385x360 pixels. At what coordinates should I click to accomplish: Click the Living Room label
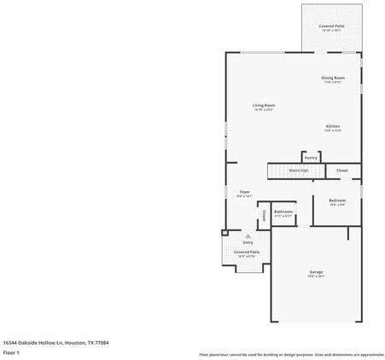click(263, 105)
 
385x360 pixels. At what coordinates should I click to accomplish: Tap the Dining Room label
click(333, 78)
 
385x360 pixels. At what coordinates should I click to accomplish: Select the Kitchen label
click(333, 126)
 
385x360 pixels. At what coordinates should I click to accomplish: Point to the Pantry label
click(311, 157)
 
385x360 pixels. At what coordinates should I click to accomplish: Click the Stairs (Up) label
click(298, 171)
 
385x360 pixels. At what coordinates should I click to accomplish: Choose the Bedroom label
click(337, 200)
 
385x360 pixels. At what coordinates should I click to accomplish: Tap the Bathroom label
click(283, 212)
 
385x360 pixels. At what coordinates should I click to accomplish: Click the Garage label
click(316, 272)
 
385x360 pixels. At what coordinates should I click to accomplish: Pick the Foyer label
click(244, 192)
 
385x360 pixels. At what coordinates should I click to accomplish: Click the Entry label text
click(248, 242)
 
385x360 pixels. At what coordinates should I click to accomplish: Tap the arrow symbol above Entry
click(248, 235)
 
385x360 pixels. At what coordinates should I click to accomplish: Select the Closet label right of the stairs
click(341, 171)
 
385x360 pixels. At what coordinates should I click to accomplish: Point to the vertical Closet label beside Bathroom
click(264, 214)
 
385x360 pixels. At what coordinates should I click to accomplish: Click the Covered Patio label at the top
click(331, 26)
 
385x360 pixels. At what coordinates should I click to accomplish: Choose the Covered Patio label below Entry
click(248, 253)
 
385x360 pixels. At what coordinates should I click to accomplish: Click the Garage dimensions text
click(316, 276)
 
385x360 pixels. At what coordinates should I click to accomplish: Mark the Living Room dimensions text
click(263, 109)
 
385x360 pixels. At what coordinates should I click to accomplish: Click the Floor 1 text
click(12, 351)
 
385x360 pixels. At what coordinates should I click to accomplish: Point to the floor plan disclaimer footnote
click(291, 354)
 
